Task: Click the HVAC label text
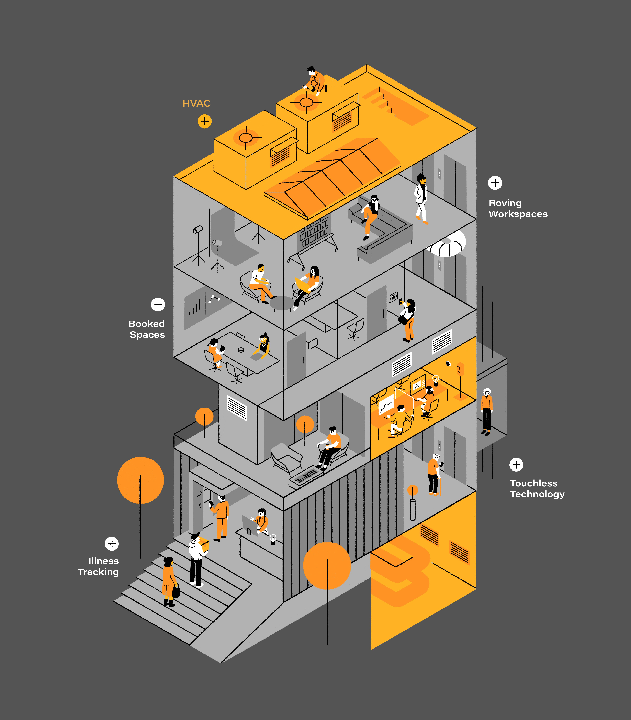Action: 196,103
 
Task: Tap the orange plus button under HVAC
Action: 205,122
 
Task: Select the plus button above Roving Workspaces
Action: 495,183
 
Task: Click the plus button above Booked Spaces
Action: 158,305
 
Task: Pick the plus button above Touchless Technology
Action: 516,465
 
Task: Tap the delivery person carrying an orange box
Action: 197,560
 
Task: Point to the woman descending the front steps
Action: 169,581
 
